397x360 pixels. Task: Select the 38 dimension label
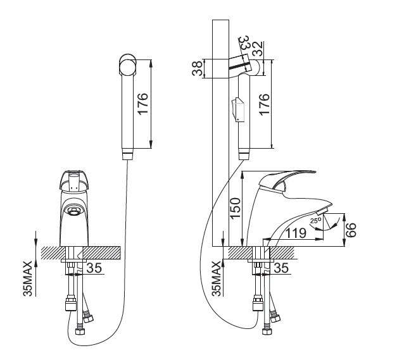coord(198,68)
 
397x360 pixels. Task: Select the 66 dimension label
coord(353,228)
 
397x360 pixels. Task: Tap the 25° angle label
coord(314,221)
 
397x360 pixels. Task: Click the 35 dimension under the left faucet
coord(94,268)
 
